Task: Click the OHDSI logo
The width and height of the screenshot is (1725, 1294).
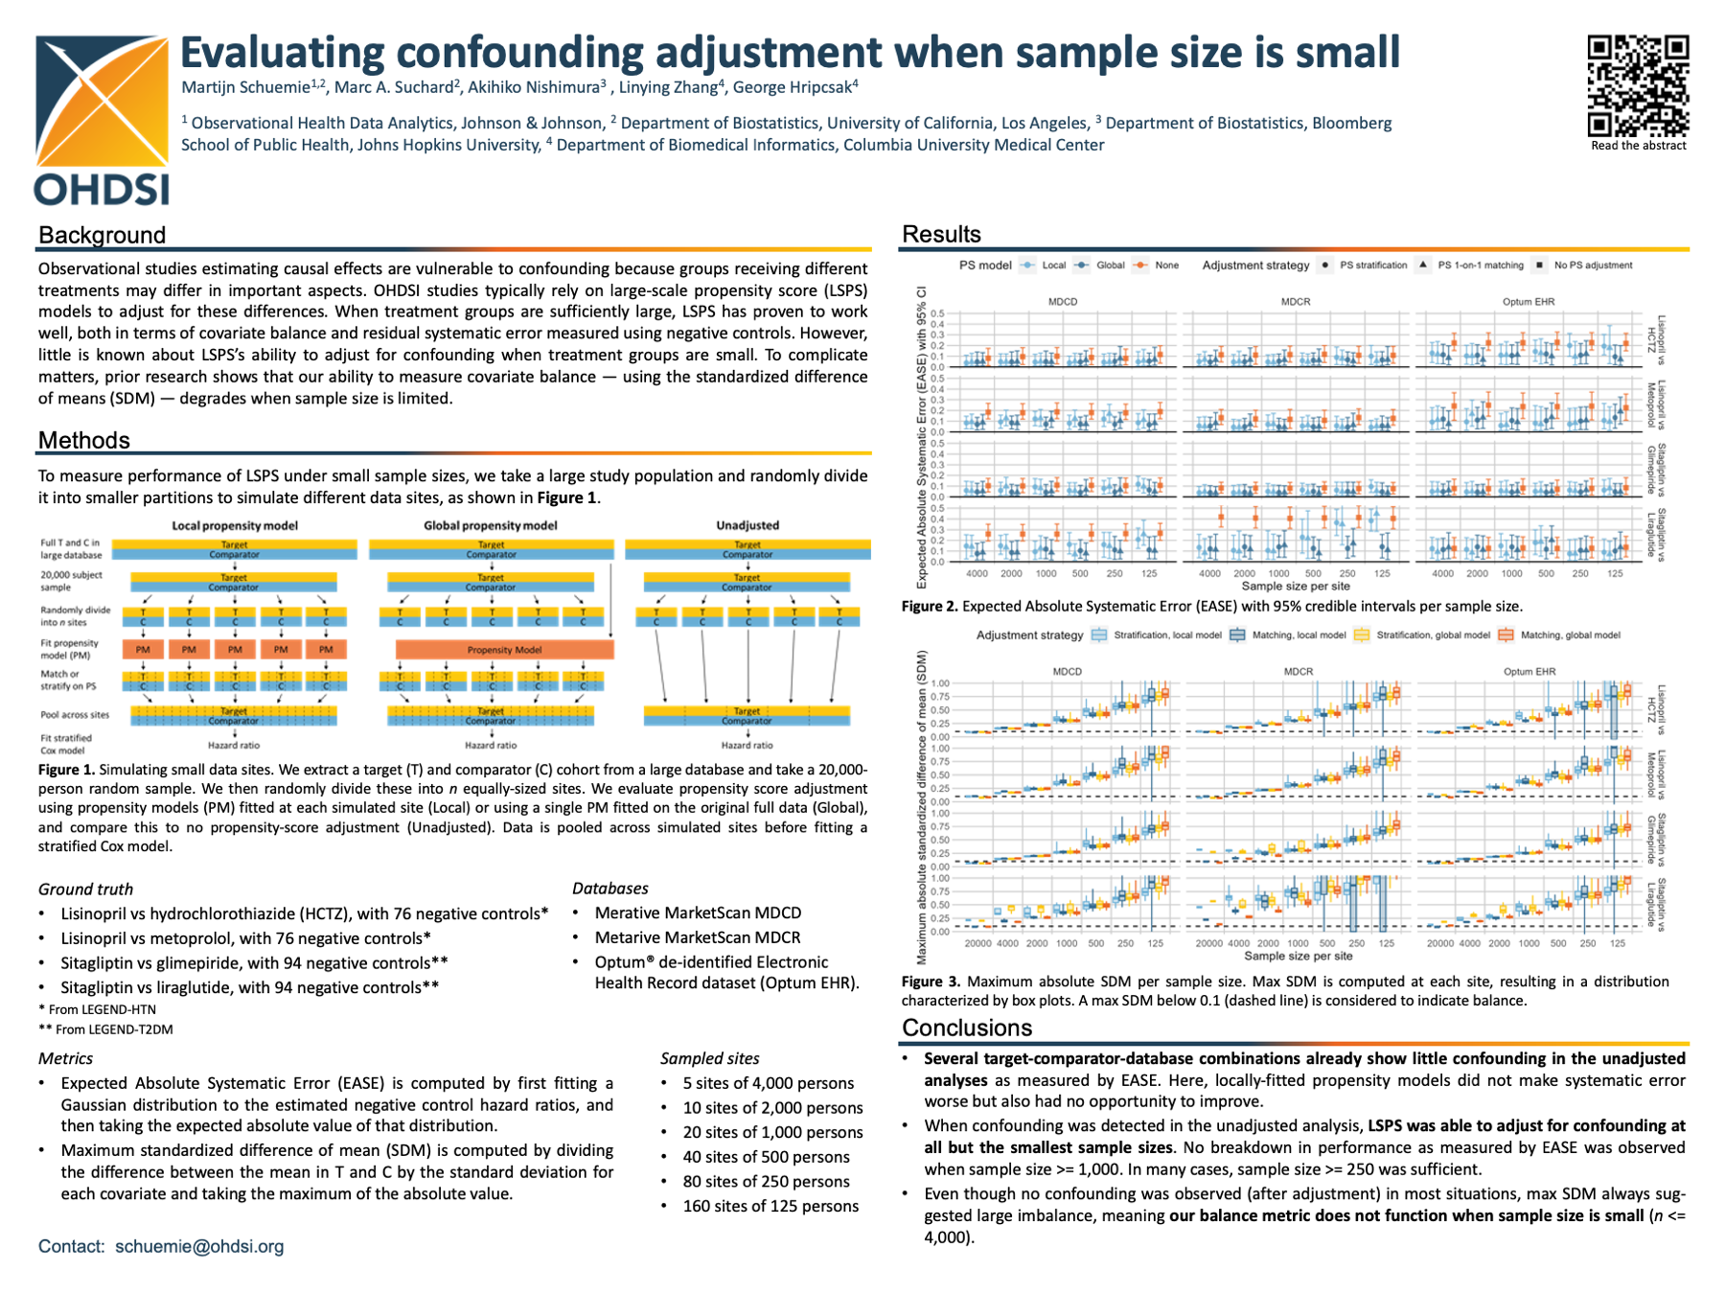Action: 102,120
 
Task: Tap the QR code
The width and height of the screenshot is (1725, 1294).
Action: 1638,85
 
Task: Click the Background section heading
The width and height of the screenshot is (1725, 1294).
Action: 103,235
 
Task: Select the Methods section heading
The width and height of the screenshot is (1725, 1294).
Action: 84,440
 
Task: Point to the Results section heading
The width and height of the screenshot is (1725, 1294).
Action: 941,234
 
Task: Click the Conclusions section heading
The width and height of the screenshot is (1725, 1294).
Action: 966,1028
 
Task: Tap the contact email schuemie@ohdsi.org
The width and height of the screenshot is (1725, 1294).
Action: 199,1246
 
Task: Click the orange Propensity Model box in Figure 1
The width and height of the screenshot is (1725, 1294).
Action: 504,650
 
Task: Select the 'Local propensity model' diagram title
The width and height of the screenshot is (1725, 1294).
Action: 235,525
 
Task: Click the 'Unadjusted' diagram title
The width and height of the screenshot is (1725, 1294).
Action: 747,525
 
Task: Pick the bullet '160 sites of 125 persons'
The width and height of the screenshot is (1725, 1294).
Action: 770,1206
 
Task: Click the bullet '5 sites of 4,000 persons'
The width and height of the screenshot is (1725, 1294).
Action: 768,1083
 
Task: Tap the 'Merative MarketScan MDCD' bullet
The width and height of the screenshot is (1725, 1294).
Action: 698,913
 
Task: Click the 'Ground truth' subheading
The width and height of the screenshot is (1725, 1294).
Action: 85,889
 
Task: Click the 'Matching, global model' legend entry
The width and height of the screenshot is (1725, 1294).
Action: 1570,635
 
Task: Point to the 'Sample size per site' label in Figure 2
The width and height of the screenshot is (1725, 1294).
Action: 1296,586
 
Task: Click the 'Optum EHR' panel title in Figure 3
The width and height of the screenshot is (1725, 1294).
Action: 1529,672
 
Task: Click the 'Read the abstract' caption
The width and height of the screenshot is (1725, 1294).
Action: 1639,146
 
